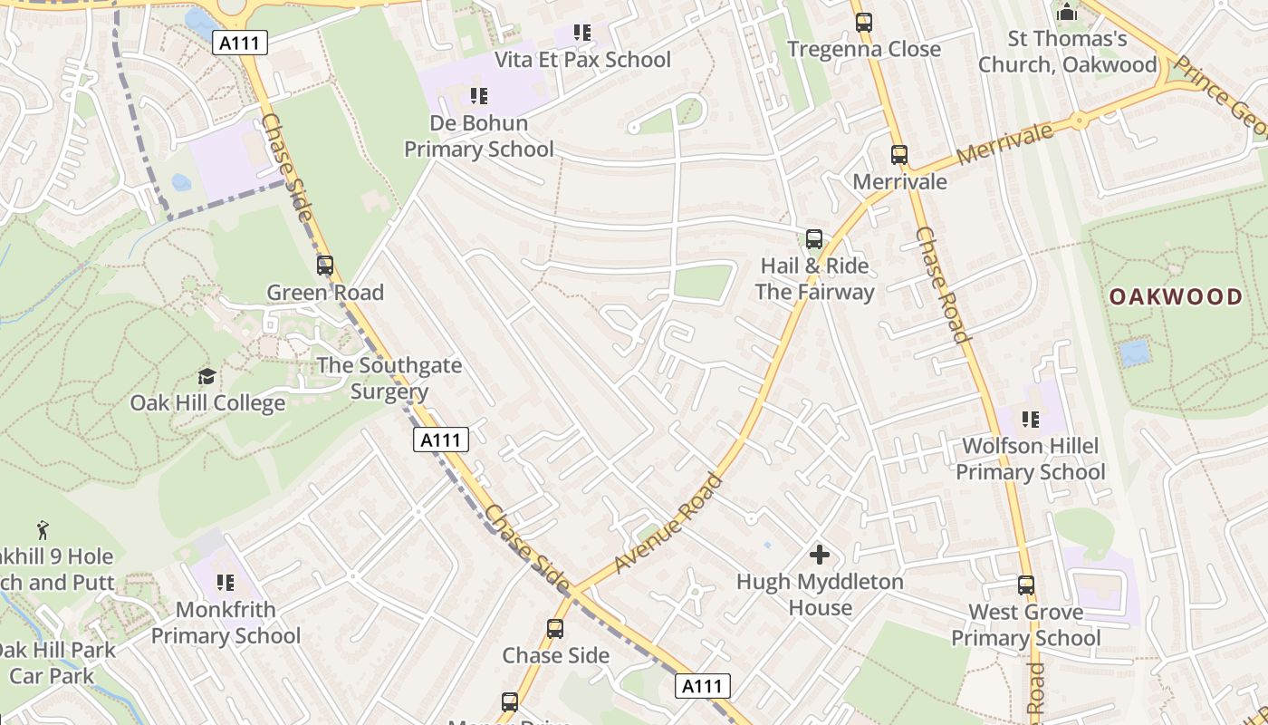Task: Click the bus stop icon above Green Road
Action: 325,266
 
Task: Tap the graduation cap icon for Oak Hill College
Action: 207,376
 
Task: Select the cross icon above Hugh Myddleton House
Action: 820,555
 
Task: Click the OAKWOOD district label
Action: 1177,296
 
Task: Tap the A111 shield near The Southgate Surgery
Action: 441,440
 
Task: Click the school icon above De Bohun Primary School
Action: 479,95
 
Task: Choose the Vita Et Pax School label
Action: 582,60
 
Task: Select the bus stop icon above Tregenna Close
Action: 864,23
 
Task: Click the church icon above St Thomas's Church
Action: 1067,12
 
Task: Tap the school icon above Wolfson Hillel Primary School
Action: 1031,419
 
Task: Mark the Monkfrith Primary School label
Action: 226,623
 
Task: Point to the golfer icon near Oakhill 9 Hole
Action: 43,529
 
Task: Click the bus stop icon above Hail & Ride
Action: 814,239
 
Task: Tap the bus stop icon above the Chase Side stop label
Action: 555,628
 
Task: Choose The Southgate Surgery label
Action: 389,379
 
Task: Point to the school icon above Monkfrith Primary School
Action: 226,582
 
